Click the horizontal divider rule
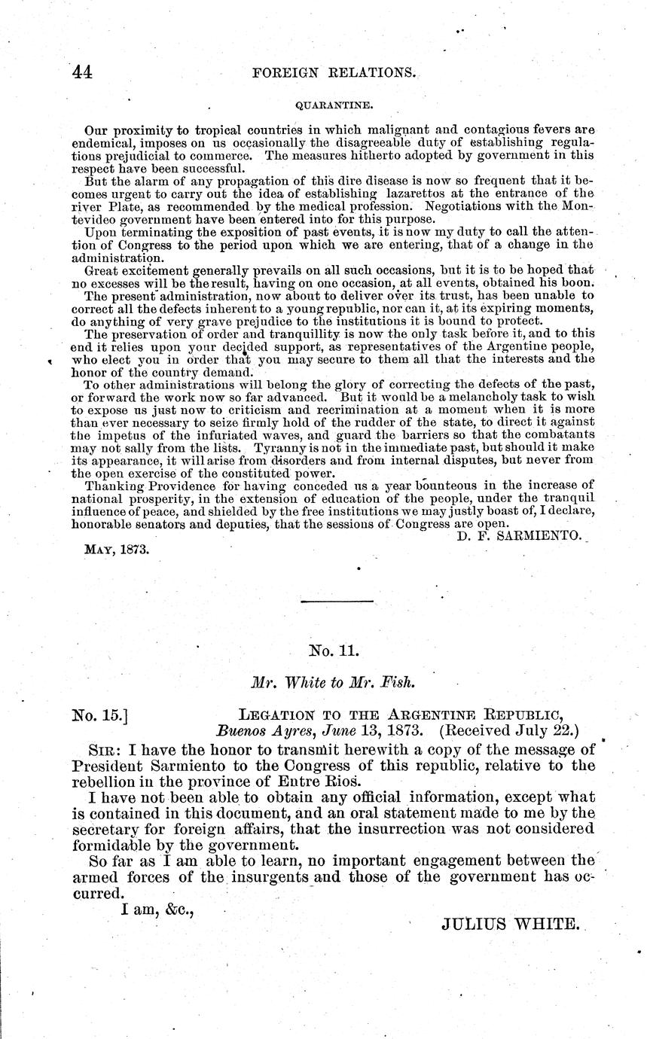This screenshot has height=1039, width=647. (337, 601)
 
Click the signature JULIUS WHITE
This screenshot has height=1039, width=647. (509, 923)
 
